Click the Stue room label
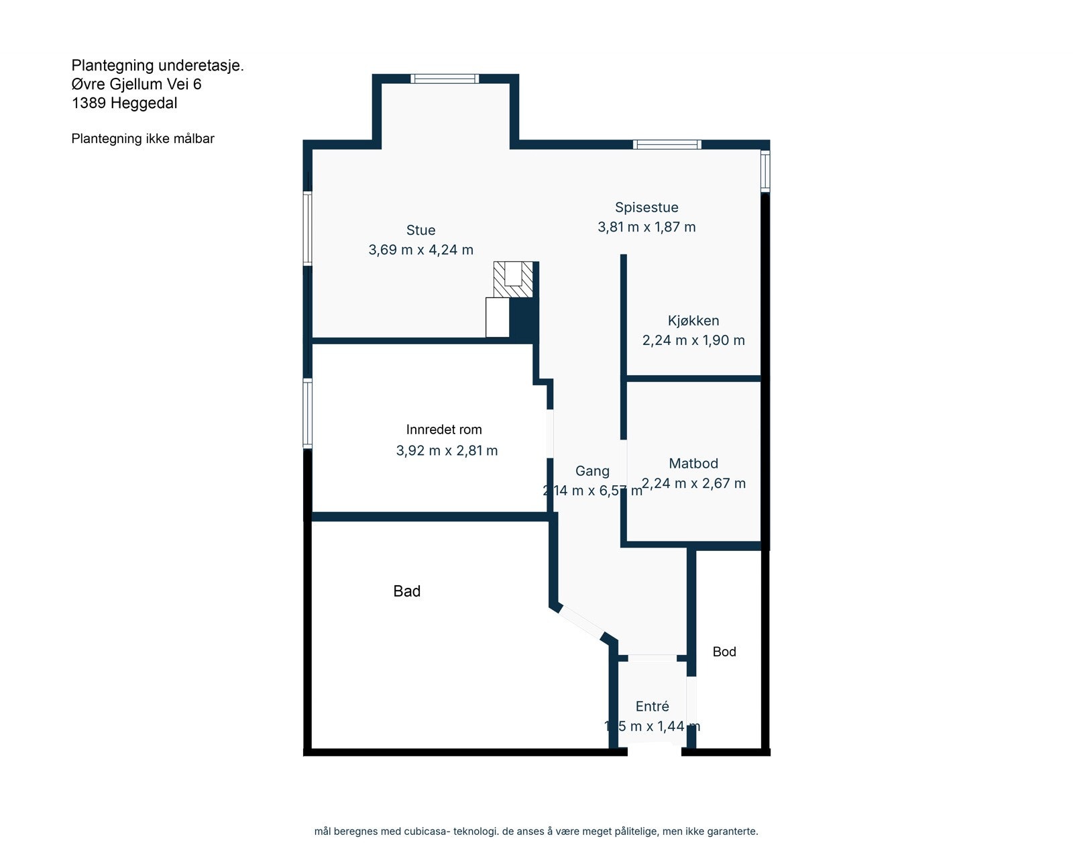pyautogui.click(x=420, y=230)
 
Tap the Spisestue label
pyautogui.click(x=646, y=207)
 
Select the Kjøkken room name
pyautogui.click(x=693, y=321)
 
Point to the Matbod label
pyautogui.click(x=693, y=463)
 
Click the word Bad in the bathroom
pyautogui.click(x=406, y=591)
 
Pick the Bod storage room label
pyautogui.click(x=724, y=652)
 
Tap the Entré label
pyautogui.click(x=652, y=706)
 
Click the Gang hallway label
pyautogui.click(x=592, y=471)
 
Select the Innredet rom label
pyautogui.click(x=444, y=429)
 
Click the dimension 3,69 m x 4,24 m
pyautogui.click(x=420, y=250)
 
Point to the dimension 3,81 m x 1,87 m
pyautogui.click(x=646, y=227)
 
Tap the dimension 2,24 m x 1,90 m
pyautogui.click(x=693, y=340)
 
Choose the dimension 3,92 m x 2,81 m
pyautogui.click(x=447, y=450)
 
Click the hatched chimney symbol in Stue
pyautogui.click(x=513, y=279)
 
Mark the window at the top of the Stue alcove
pyautogui.click(x=445, y=79)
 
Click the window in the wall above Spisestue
pyautogui.click(x=667, y=144)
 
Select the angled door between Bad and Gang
pyautogui.click(x=581, y=622)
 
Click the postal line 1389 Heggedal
pyautogui.click(x=125, y=103)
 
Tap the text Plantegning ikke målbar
pyautogui.click(x=143, y=139)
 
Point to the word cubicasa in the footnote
pyautogui.click(x=426, y=831)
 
